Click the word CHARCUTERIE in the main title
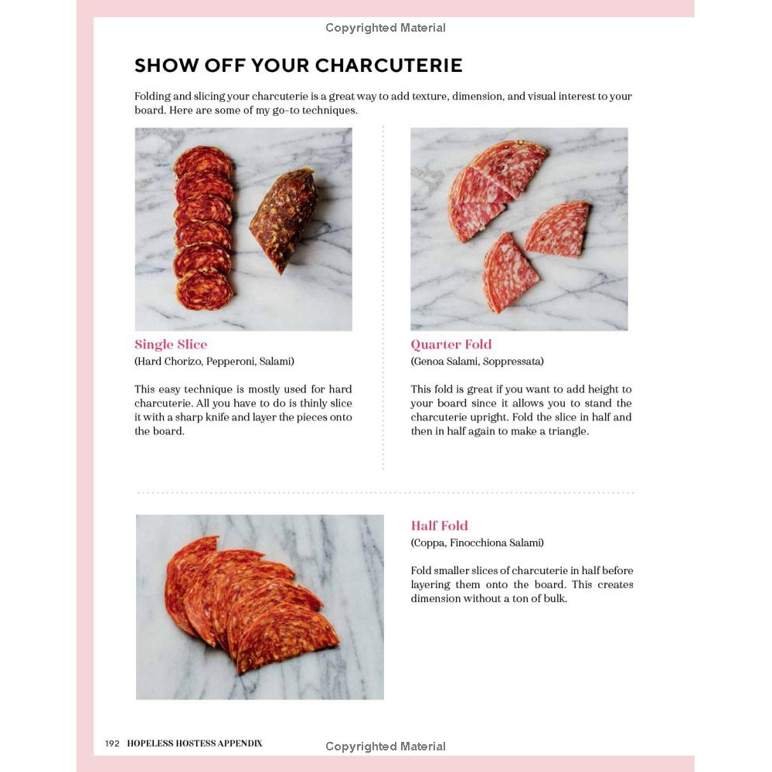point(389,66)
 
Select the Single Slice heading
point(171,344)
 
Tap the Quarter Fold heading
point(451,344)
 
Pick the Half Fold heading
point(439,525)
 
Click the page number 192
point(112,743)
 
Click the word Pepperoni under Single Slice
point(230,362)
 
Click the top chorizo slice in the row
point(203,162)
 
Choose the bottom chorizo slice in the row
point(204,291)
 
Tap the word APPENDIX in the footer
point(240,743)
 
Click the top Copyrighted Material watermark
point(386,28)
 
